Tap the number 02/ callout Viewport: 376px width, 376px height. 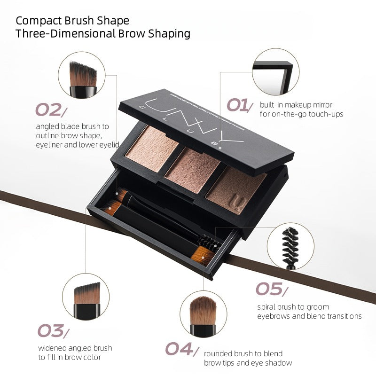[51, 110]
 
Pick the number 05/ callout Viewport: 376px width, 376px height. [270, 289]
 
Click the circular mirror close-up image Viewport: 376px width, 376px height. [275, 72]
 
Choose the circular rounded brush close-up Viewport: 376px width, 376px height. [204, 313]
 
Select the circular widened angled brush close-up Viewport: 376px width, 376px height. [86, 297]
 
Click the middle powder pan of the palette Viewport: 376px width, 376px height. [193, 169]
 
